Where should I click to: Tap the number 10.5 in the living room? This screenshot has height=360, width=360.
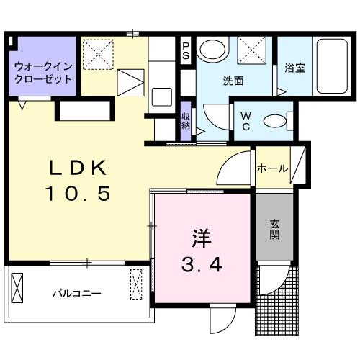click(x=79, y=192)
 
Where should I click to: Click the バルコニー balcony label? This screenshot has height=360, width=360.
click(x=76, y=294)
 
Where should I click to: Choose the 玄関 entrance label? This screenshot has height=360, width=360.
click(x=276, y=230)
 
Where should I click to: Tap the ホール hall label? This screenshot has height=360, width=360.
click(x=272, y=168)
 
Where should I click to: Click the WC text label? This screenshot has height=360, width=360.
click(x=244, y=120)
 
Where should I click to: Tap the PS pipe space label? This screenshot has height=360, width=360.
click(x=186, y=50)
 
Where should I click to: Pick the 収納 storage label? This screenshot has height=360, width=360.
click(x=186, y=120)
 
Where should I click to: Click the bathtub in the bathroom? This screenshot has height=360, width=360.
click(x=331, y=68)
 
